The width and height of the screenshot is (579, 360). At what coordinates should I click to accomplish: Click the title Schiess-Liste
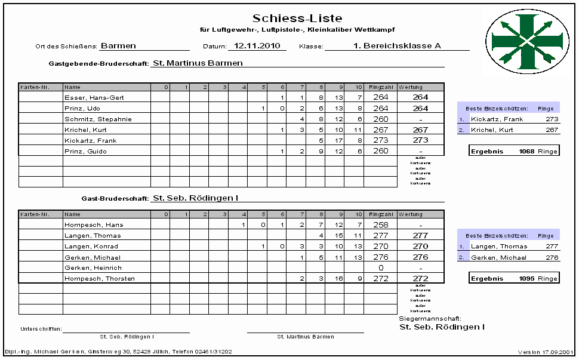pyautogui.click(x=297, y=19)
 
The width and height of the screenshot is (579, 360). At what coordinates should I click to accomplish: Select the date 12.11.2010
pyautogui.click(x=257, y=45)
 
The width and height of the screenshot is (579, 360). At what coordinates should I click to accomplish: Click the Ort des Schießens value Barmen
pyautogui.click(x=118, y=45)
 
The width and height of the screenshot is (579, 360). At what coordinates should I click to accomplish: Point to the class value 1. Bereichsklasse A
pyautogui.click(x=396, y=45)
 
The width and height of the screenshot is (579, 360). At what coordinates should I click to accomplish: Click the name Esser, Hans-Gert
pyautogui.click(x=94, y=97)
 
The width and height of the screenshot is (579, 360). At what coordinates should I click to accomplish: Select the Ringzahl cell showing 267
pyautogui.click(x=380, y=130)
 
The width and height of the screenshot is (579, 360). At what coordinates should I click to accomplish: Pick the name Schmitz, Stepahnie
pyautogui.click(x=98, y=119)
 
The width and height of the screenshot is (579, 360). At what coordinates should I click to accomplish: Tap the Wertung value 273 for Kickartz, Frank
pyautogui.click(x=420, y=140)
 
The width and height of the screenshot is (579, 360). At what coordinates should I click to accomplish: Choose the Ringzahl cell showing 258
pyautogui.click(x=380, y=224)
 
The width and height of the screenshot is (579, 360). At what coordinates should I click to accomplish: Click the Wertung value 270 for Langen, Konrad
pyautogui.click(x=420, y=246)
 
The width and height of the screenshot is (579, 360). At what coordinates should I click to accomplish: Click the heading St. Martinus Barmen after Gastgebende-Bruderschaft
pyautogui.click(x=198, y=62)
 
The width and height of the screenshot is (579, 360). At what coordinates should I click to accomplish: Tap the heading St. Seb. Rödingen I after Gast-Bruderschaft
pyautogui.click(x=200, y=198)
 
